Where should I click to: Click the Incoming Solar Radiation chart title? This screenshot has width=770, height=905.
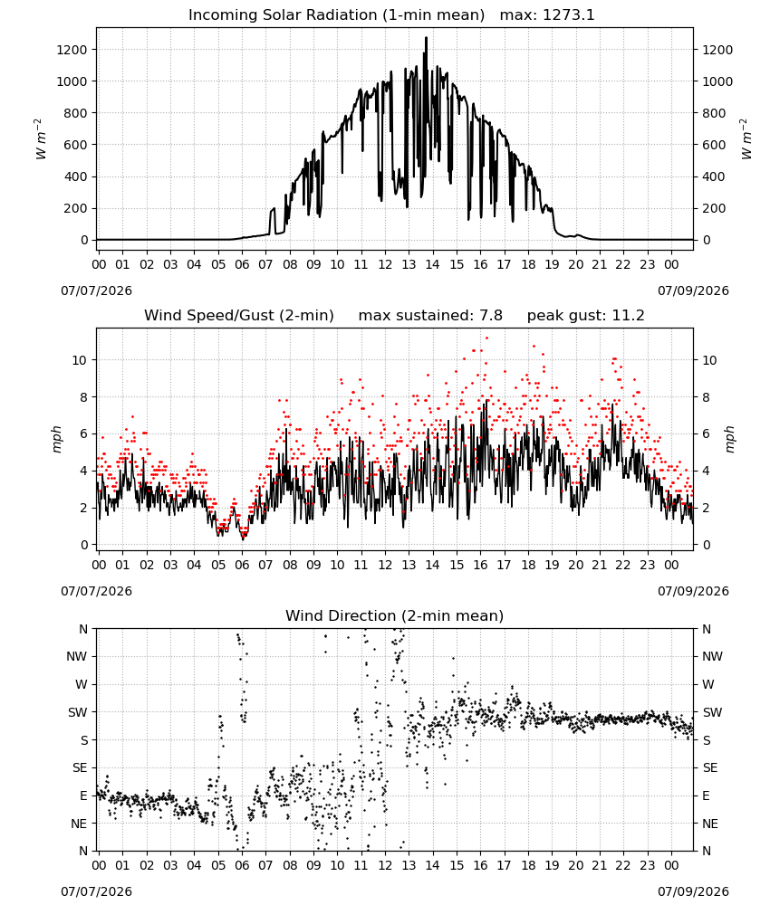(x=336, y=15)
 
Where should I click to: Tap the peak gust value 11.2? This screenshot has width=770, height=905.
(x=626, y=315)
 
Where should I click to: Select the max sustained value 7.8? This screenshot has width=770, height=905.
(x=491, y=315)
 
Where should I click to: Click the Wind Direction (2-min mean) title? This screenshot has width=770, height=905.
(x=395, y=615)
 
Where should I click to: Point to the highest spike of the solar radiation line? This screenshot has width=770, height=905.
(x=427, y=38)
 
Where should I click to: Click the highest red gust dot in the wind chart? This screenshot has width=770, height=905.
(x=487, y=338)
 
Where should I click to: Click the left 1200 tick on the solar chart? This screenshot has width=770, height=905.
(x=72, y=50)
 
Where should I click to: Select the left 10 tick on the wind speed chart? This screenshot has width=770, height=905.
(x=80, y=360)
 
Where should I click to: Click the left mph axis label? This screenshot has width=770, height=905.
(x=56, y=439)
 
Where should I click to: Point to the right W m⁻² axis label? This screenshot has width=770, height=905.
(x=746, y=139)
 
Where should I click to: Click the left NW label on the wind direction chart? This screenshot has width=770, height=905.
(x=77, y=656)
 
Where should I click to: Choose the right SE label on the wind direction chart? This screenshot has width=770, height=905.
(x=710, y=767)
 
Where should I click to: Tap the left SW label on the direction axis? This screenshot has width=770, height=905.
(x=78, y=712)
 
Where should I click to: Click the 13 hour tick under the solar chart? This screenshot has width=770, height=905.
(x=409, y=264)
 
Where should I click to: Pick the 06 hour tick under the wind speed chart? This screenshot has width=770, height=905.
(x=242, y=565)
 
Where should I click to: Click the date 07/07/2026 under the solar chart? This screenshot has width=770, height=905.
(x=96, y=291)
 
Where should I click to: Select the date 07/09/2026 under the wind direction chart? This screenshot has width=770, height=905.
(x=693, y=891)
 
